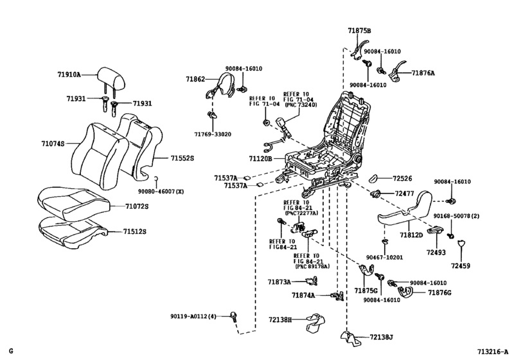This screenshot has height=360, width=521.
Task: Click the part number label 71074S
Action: (x=53, y=143)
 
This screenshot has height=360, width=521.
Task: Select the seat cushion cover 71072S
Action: (x=74, y=203)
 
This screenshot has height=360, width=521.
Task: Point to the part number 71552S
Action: (x=182, y=158)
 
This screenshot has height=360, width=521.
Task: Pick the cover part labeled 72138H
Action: (x=315, y=322)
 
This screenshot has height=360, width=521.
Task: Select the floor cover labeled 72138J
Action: (x=351, y=338)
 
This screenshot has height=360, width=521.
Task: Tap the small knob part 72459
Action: (x=461, y=244)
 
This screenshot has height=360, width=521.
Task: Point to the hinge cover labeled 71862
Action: (x=219, y=86)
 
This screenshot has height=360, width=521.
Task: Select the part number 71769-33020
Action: (x=213, y=134)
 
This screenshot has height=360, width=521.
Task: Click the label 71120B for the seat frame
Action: (x=261, y=159)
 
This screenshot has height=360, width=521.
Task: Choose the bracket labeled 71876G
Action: (x=405, y=292)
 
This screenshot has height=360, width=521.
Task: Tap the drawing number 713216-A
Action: (x=493, y=352)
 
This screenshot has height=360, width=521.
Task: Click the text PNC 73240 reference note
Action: (x=301, y=105)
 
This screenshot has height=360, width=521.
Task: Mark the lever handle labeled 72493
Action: (x=436, y=230)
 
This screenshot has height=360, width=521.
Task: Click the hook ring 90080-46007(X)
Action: (x=155, y=180)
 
